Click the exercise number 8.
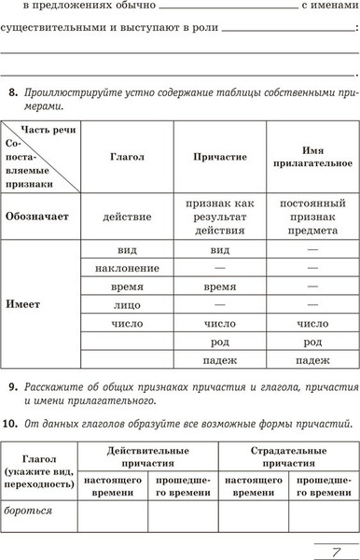pos(11,92)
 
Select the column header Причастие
pos(220,157)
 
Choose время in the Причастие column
pos(220,287)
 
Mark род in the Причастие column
pos(220,342)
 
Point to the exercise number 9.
pos(11,386)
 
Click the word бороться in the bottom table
pos(28,511)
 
